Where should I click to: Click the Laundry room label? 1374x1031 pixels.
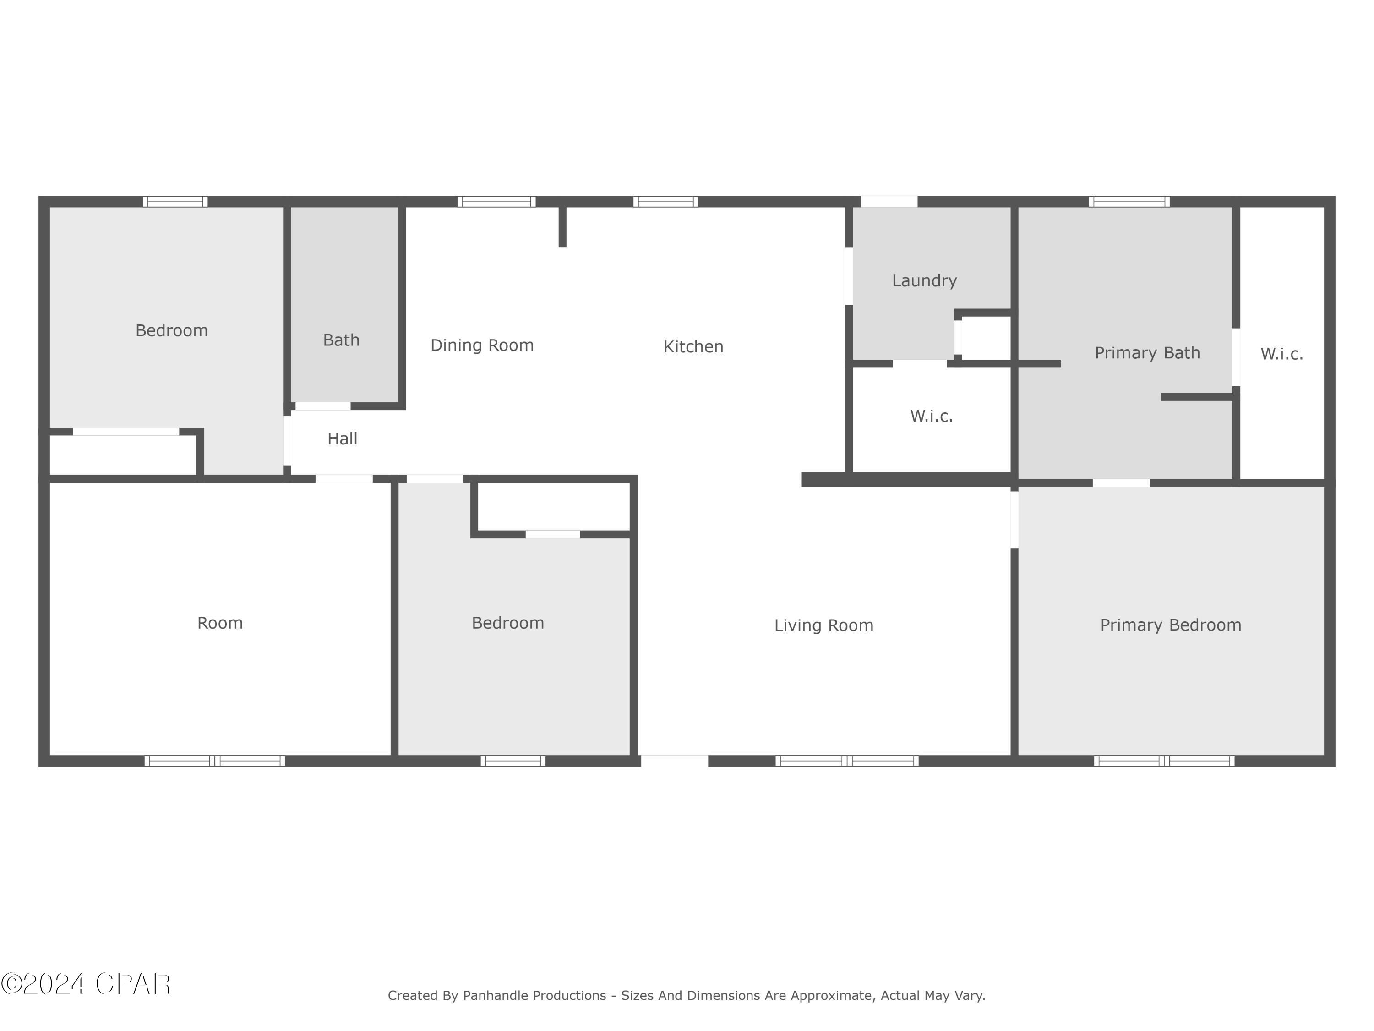924,280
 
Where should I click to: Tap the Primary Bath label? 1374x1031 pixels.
1147,353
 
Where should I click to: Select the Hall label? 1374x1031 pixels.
342,439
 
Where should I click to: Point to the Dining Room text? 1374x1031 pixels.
482,345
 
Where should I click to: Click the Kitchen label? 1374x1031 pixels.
693,347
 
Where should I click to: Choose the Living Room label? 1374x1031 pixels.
823,625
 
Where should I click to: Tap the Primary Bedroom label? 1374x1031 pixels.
1170,625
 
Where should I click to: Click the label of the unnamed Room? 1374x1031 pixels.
220,623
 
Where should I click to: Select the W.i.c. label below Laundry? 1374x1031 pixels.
931,417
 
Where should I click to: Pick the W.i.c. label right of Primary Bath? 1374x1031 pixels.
1281,354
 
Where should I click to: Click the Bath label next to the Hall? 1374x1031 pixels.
341,340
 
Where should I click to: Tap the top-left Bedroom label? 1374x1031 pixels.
171,331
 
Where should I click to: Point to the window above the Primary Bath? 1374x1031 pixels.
1129,201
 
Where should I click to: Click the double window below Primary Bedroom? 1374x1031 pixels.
1164,761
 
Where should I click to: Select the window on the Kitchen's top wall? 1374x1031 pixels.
665,201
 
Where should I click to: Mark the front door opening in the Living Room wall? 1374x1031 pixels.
674,760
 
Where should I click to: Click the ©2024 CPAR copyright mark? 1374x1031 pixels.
86,984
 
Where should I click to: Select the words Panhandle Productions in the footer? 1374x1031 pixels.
534,996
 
